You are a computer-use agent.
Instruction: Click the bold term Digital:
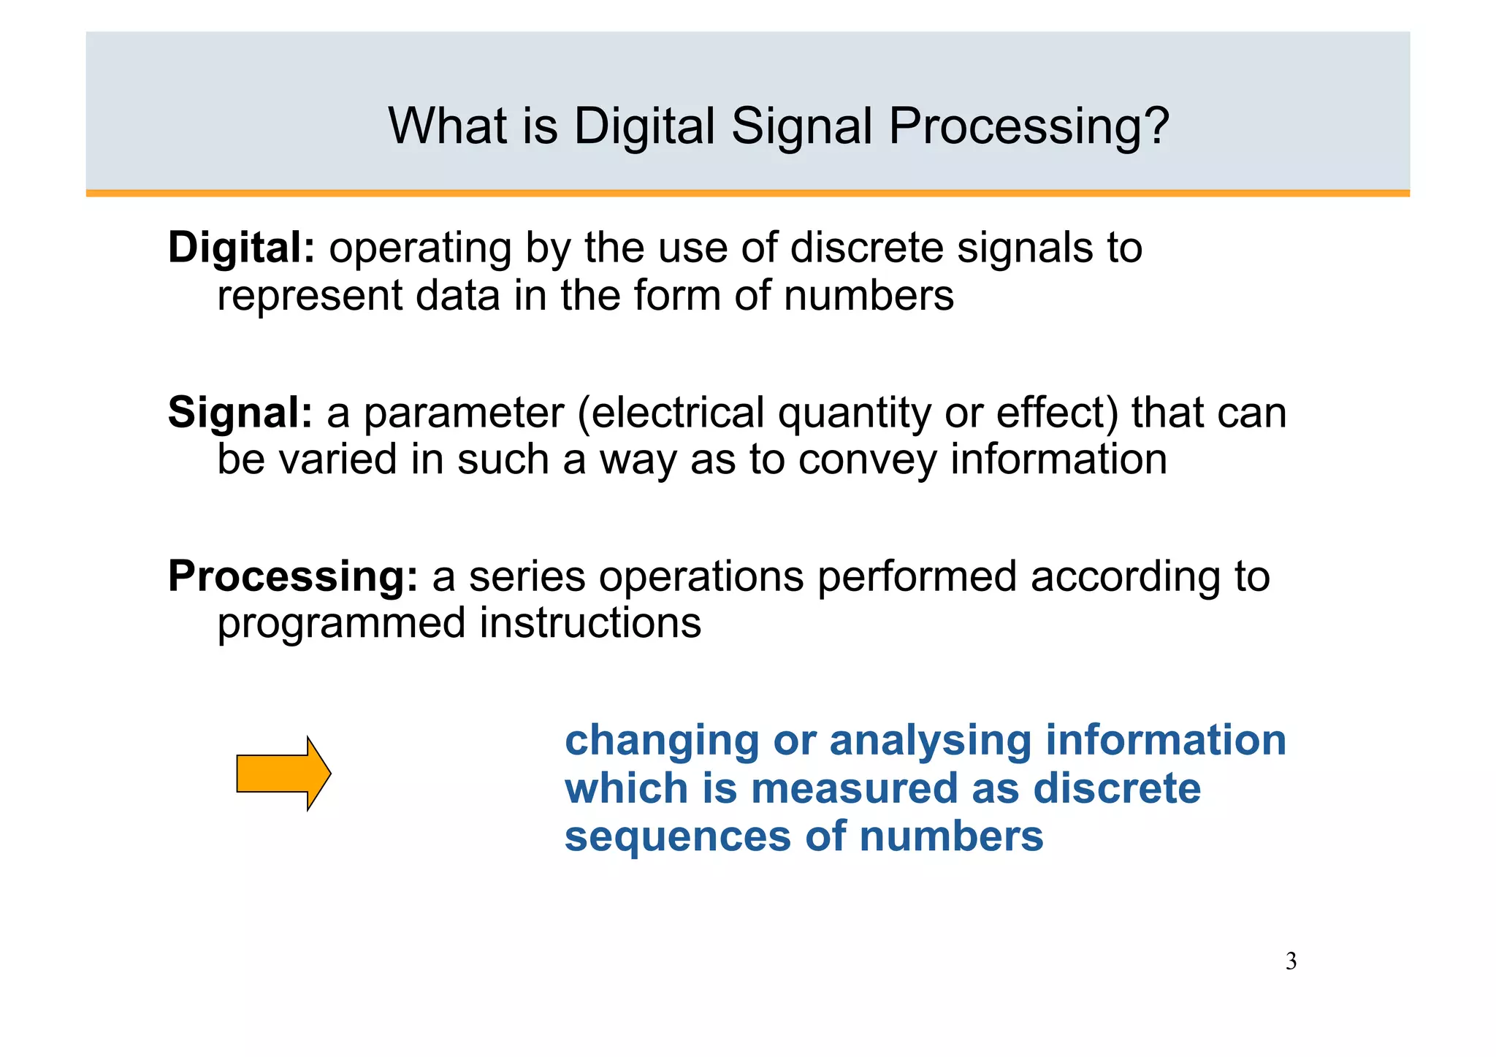(x=241, y=248)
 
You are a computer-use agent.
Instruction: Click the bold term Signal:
(x=240, y=413)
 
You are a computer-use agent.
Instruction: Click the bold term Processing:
(x=293, y=577)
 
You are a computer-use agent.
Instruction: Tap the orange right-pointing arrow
(x=283, y=774)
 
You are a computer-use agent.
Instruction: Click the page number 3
(x=1291, y=961)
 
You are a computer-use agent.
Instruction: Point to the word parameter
(x=464, y=415)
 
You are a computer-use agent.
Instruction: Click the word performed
(x=917, y=577)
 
